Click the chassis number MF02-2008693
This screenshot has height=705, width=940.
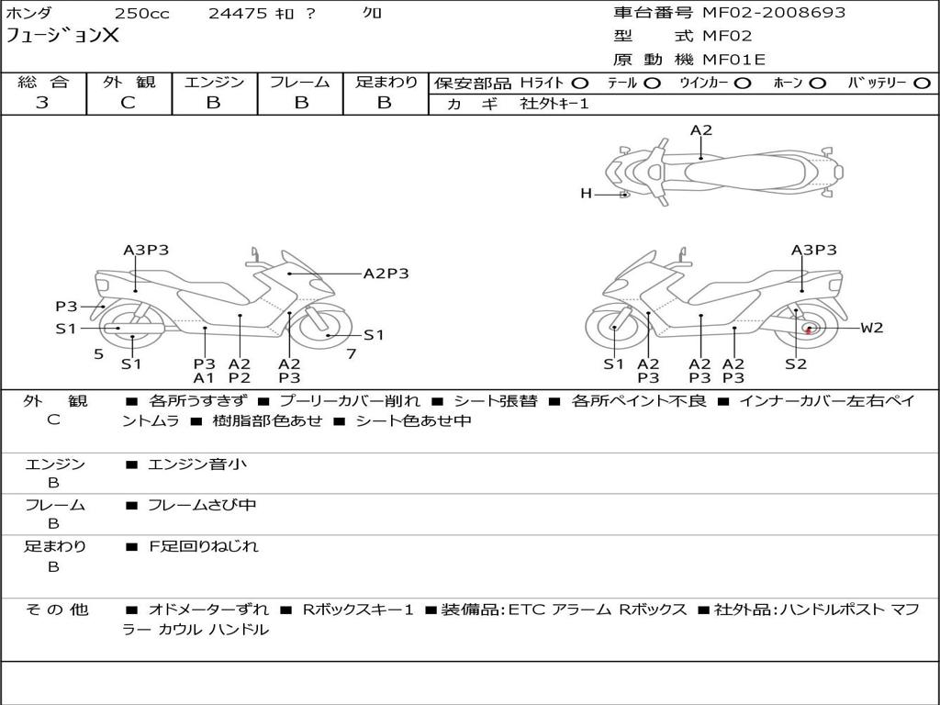(773, 13)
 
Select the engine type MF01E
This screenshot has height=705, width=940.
(733, 60)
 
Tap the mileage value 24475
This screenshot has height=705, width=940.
(238, 13)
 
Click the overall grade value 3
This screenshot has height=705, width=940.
(42, 103)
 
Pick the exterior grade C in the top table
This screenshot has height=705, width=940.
(128, 103)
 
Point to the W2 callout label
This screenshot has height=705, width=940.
(872, 328)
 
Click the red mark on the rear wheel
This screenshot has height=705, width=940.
(808, 330)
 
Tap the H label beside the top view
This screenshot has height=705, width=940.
(586, 193)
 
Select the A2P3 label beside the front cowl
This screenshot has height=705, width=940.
(386, 274)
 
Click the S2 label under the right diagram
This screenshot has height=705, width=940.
(796, 364)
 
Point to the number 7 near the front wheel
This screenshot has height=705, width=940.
(352, 354)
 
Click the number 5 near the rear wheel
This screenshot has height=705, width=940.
(99, 354)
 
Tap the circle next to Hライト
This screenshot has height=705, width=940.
(580, 83)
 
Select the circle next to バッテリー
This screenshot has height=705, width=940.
(922, 83)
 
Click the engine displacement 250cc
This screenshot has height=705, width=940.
(142, 13)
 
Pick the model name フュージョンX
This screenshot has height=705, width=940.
(62, 36)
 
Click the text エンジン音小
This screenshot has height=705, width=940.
(196, 464)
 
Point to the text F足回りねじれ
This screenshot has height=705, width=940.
(204, 546)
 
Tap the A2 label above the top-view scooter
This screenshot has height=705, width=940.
(700, 130)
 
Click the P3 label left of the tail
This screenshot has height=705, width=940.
(66, 307)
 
